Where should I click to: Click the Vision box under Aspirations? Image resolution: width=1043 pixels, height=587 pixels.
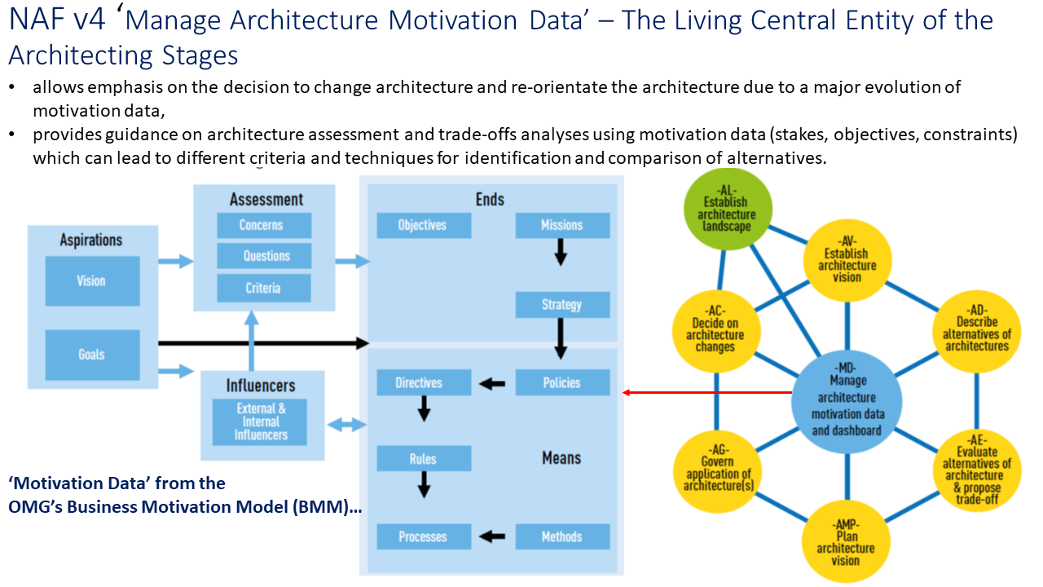[91, 280]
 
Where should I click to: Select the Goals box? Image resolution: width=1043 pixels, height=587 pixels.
[91, 355]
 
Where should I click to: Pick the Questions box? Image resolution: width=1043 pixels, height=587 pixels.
[264, 256]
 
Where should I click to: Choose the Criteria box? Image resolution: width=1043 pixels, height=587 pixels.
[264, 288]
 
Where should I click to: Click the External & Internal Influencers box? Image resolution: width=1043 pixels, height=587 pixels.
[260, 422]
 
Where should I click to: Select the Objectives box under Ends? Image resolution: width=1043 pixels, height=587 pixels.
[424, 225]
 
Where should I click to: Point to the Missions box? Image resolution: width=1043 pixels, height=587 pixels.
[562, 225]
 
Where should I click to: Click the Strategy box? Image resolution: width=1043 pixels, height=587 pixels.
[562, 305]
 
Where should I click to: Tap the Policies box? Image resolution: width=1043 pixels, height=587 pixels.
[562, 382]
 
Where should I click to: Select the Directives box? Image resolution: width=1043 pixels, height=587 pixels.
[424, 382]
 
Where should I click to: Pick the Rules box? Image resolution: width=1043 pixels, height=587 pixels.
[424, 459]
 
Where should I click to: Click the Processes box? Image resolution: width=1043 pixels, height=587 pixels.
[424, 536]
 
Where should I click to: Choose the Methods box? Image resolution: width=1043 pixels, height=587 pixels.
[562, 536]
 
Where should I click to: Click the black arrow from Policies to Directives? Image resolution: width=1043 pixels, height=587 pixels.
[493, 383]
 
